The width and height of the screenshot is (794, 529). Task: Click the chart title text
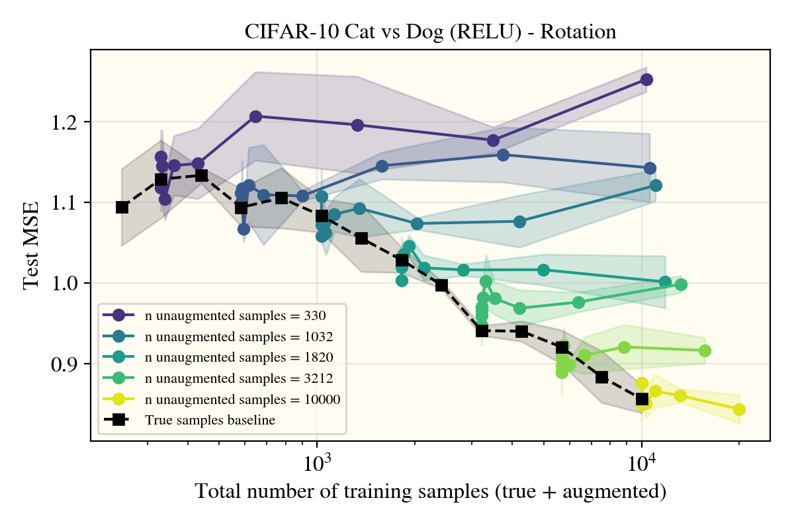(x=430, y=32)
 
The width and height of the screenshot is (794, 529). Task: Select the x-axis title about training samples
(x=430, y=491)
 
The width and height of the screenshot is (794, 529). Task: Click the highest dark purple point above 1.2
(x=646, y=80)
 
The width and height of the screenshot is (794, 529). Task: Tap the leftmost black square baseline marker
(x=122, y=207)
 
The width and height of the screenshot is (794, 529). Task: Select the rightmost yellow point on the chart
(x=739, y=409)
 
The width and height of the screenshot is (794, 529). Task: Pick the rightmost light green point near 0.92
(x=705, y=350)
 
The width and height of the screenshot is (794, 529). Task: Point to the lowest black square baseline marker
(x=642, y=399)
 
